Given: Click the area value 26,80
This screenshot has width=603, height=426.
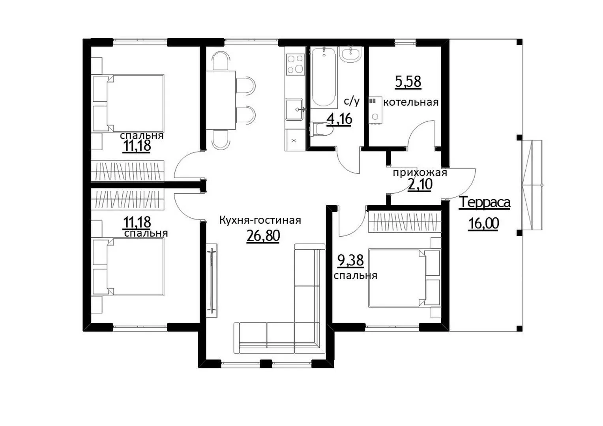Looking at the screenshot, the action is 263,236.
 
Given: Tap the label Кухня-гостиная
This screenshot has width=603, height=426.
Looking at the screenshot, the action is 260,220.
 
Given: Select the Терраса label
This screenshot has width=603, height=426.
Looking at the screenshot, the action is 484,202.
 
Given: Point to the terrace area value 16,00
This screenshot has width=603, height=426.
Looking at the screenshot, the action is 483,223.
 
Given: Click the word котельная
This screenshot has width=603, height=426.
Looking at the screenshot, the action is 411,102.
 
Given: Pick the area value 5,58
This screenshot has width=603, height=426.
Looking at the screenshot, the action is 408,82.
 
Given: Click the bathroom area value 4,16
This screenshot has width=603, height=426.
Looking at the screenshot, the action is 339,119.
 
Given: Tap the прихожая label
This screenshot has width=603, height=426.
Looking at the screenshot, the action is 420,172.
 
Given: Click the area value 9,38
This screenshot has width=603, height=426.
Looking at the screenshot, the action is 350,260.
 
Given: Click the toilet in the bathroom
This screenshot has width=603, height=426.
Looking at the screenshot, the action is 321,129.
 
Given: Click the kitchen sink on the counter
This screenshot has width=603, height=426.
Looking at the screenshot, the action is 295,109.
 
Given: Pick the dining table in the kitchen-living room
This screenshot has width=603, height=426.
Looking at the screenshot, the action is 221,100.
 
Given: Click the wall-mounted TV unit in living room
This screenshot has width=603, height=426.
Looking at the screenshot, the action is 212,280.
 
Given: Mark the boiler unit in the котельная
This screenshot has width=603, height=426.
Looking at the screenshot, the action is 375,110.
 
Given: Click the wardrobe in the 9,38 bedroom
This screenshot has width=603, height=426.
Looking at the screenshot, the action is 404,222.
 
